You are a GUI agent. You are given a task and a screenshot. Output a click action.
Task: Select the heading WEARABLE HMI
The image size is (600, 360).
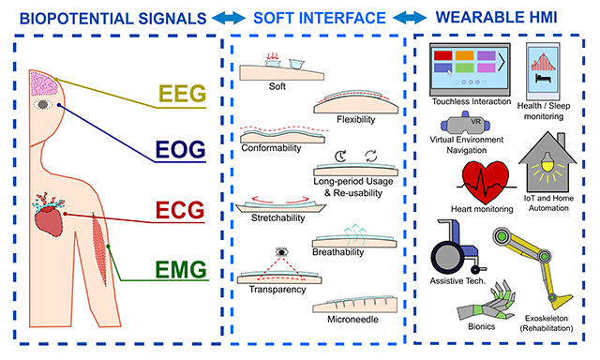tap(502, 16)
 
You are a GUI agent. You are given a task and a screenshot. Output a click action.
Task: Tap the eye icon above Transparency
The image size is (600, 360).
tap(280, 251)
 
